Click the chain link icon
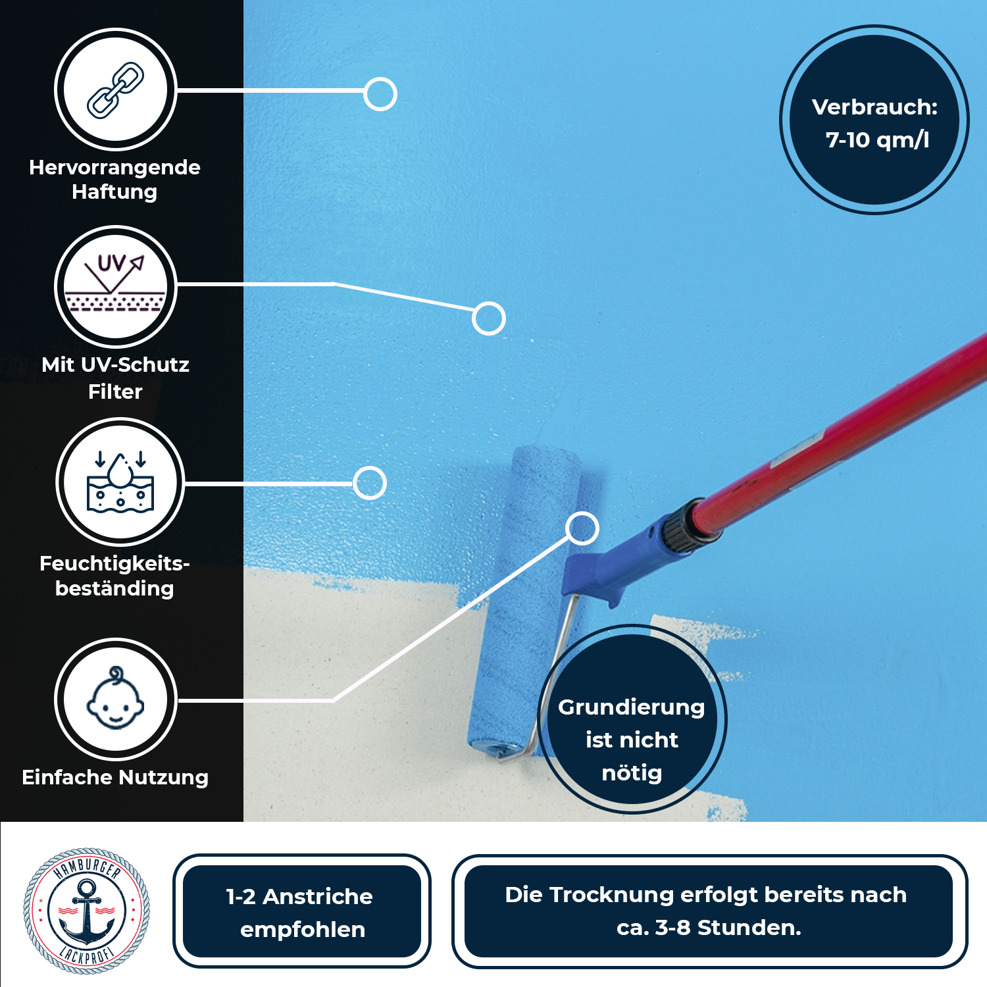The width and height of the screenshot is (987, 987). coord(116,89)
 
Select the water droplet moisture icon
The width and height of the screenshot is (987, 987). coord(120,482)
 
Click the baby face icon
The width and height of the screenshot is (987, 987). coord(116,699)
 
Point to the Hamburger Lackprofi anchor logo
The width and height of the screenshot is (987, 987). coord(86,911)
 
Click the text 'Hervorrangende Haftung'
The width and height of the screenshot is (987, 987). coord(114,179)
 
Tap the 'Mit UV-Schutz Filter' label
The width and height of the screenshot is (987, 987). coord(115,378)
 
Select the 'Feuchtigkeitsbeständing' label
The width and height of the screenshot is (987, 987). coord(114,576)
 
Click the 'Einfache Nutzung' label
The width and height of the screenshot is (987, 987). coord(115,777)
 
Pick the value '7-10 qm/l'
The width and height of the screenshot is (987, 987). coord(877,140)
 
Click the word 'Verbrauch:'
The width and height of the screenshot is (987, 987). coord(874,107)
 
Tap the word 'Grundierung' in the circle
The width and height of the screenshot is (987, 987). coord(631,707)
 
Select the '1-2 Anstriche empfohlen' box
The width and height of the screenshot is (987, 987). coord(302,911)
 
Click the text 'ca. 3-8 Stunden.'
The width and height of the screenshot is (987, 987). coord(709,927)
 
